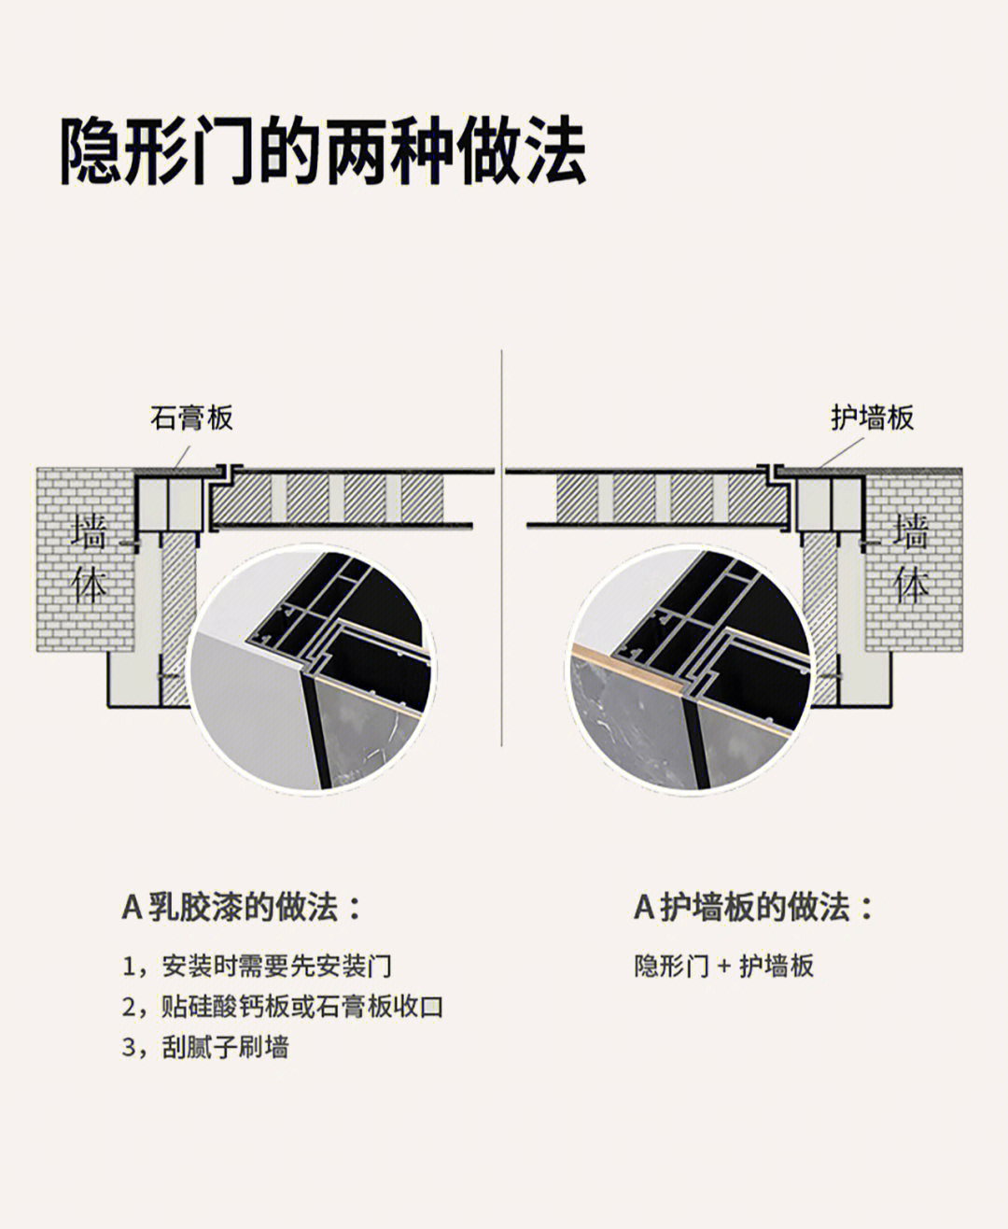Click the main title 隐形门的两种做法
pos(323,150)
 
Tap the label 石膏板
pos(191,417)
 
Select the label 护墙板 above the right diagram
pos(873,417)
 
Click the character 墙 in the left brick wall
pos(89,531)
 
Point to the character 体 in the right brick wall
pos(911,585)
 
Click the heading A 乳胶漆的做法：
pos(242,907)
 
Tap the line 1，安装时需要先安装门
pos(257,966)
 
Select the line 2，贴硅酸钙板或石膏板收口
pos(283,1007)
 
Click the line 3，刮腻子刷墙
pos(205,1047)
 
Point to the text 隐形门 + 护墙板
pos(724,966)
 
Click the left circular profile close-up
pos(311,670)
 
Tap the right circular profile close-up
pos(689,670)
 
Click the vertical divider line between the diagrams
pos(501,548)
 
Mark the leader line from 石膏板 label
pos(182,457)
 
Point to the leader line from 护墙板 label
pos(842,452)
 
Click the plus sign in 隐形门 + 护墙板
pos(724,967)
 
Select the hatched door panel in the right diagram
pos(673,499)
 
